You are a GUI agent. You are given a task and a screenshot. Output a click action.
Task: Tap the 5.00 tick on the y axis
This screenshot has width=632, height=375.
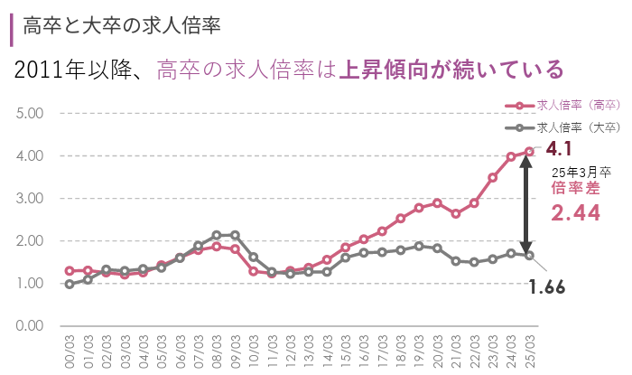[x=31, y=113]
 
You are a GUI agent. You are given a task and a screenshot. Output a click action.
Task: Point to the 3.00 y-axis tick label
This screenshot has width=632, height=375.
[x=31, y=198]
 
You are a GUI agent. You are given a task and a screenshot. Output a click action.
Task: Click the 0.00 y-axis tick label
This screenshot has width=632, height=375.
[x=31, y=325]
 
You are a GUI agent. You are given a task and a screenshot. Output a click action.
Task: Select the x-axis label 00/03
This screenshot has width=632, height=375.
[x=70, y=347]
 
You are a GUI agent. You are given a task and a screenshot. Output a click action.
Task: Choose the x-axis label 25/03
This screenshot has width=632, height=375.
[x=529, y=347]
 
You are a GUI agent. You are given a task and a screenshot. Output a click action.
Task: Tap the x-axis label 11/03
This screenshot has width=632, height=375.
[x=272, y=347]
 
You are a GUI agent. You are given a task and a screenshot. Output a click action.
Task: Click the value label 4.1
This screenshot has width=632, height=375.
[x=559, y=148]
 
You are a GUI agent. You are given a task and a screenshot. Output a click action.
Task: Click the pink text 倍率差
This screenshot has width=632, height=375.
[x=575, y=188]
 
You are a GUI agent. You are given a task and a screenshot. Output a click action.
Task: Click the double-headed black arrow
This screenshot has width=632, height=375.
[x=526, y=203]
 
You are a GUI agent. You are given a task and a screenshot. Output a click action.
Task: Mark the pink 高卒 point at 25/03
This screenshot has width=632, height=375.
[x=529, y=152]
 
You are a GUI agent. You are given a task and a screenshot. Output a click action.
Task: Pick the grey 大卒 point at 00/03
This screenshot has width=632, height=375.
[x=70, y=284]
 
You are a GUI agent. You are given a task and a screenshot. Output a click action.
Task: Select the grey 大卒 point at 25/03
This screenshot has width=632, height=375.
[x=529, y=256]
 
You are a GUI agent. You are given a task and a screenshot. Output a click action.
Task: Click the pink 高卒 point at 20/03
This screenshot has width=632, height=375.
[x=437, y=202]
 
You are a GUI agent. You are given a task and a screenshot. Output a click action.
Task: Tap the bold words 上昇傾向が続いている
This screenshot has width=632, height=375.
[x=451, y=70]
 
